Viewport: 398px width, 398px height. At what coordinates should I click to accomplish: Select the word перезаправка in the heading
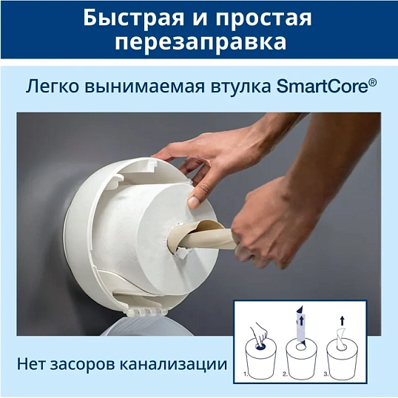(199, 42)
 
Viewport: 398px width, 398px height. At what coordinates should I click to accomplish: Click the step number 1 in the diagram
(246, 376)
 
